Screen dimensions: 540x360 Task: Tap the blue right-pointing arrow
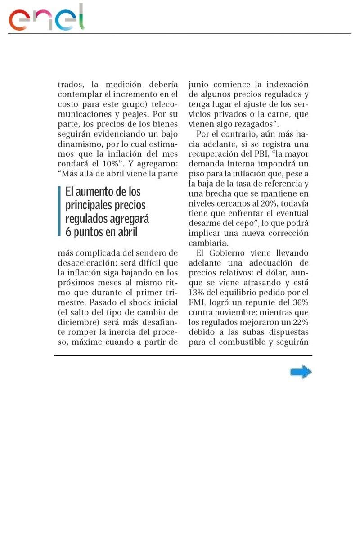(x=301, y=372)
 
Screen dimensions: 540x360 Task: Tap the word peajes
(x=131, y=114)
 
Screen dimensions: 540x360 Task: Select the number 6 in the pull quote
(x=68, y=231)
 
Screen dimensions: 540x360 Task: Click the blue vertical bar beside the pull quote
(x=59, y=211)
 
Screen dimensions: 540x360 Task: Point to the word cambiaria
(x=209, y=243)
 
